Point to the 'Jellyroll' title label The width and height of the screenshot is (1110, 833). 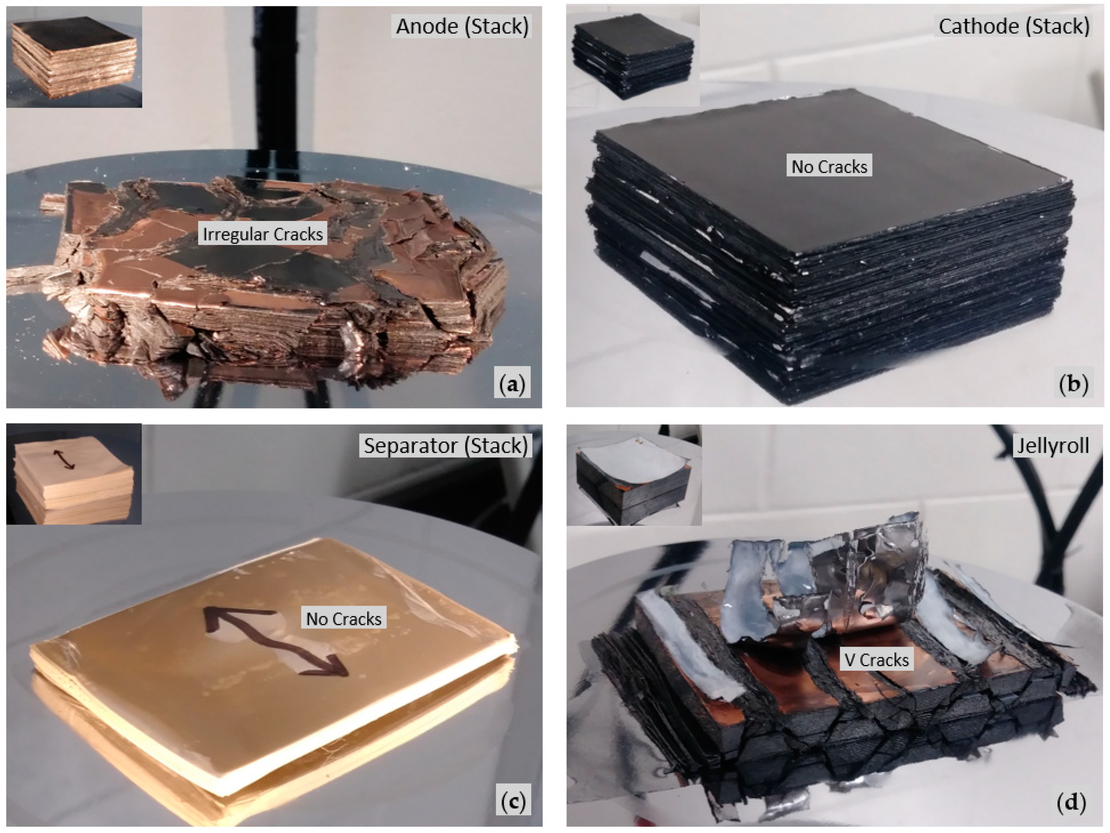click(1053, 446)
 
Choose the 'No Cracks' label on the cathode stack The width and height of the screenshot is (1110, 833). click(829, 167)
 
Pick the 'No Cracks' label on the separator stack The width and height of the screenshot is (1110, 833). click(344, 619)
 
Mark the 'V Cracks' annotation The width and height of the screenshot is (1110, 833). click(876, 660)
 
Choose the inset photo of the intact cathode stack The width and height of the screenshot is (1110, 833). click(633, 56)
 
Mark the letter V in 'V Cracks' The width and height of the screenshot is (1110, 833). click(849, 660)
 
